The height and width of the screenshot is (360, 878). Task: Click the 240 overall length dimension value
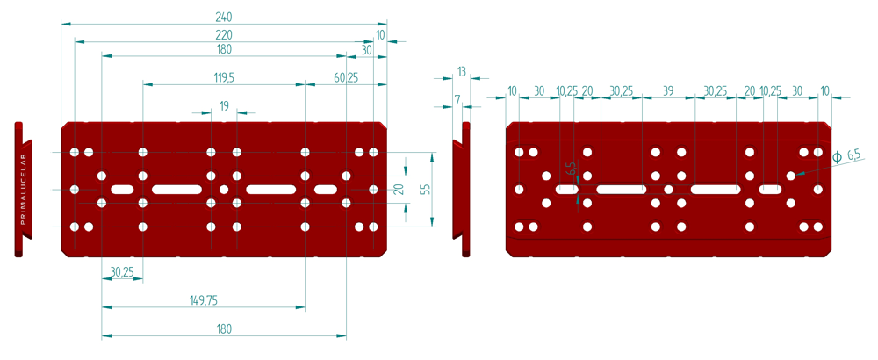pos(224,15)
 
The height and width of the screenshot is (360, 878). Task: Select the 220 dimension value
pos(224,35)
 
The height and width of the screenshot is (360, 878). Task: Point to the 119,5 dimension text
pos(224,78)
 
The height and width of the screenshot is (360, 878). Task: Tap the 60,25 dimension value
pos(346,78)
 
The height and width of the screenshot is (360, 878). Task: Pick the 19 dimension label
pos(224,106)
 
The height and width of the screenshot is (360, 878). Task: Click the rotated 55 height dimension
pos(425,190)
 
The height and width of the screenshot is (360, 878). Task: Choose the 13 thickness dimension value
pos(462,71)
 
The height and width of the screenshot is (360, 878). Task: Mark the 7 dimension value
pos(457,99)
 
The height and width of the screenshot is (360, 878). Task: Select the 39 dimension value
pos(668,91)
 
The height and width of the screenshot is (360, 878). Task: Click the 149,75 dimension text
pos(204,300)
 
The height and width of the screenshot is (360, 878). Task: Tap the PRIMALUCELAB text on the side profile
pos(23,190)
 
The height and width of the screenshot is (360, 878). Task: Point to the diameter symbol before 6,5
pos(837,157)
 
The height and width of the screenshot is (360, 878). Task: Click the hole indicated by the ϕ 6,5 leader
pos(791,176)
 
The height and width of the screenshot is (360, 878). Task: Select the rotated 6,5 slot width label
pos(571,169)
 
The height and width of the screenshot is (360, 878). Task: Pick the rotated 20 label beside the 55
pos(398,190)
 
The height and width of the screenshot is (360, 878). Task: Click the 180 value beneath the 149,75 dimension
pos(224,328)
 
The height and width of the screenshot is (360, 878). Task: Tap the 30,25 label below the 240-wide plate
pos(122,272)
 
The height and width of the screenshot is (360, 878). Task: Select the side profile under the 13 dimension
pos(464,190)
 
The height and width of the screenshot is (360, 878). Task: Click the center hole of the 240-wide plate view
pos(224,190)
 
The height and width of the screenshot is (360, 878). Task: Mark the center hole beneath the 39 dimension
pos(668,190)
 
